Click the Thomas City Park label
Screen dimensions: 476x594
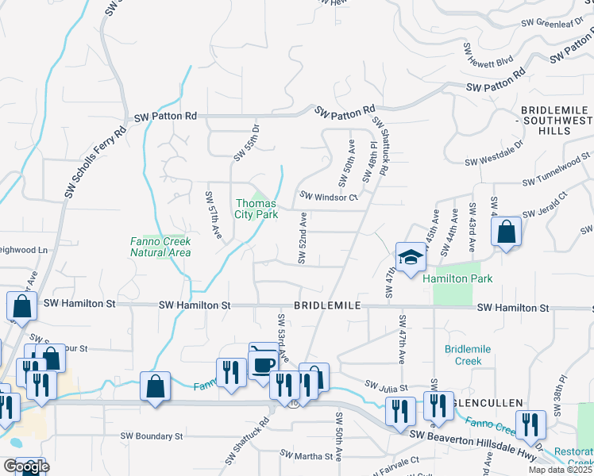tap(256, 209)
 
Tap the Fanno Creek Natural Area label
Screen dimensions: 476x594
tap(160, 247)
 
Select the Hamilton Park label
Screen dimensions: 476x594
tap(457, 278)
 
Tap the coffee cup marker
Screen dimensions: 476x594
tap(264, 363)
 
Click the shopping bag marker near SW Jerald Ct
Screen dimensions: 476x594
tap(506, 232)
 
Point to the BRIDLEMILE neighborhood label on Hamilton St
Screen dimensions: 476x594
tap(328, 305)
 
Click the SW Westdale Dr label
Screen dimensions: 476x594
tap(494, 155)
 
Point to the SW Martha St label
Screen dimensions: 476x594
tap(306, 456)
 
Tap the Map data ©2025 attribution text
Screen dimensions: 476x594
tap(560, 470)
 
